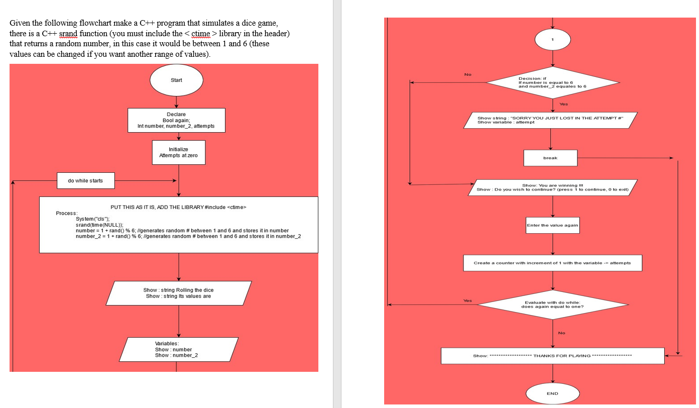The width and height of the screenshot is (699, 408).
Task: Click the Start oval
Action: pyautogui.click(x=176, y=80)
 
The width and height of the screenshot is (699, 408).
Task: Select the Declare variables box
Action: pyautogui.click(x=176, y=120)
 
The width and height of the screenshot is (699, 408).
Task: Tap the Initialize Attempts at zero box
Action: pyautogui.click(x=178, y=152)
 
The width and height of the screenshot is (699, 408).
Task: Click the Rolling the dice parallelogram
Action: pyautogui.click(x=178, y=293)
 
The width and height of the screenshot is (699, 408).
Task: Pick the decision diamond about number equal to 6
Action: pyautogui.click(x=552, y=83)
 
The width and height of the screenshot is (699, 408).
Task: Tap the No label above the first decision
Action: pyautogui.click(x=468, y=75)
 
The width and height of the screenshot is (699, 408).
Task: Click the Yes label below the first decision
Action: pyautogui.click(x=564, y=104)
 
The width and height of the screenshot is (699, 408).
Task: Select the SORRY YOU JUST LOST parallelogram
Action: pyautogui.click(x=550, y=120)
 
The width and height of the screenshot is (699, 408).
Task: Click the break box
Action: pyautogui.click(x=550, y=158)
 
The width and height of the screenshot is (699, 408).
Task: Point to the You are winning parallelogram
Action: pyautogui.click(x=552, y=187)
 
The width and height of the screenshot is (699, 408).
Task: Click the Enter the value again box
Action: pyautogui.click(x=552, y=225)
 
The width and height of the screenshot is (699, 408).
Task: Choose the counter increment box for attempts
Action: pyautogui.click(x=552, y=263)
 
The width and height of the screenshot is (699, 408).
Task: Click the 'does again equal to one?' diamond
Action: pyautogui.click(x=552, y=304)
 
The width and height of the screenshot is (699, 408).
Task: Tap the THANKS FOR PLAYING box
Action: pyautogui.click(x=552, y=356)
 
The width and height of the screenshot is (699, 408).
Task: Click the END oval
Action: pyautogui.click(x=552, y=393)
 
